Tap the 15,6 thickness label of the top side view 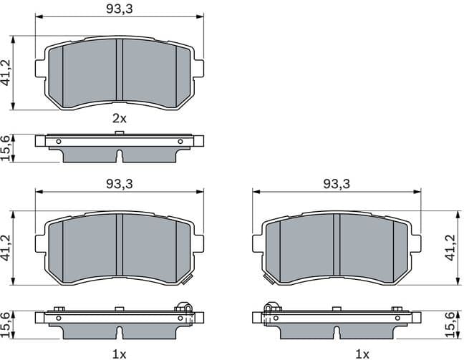click(x=7, y=147)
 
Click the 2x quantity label click(x=119, y=119)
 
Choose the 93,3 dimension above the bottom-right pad click(x=336, y=184)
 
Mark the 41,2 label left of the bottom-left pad click(x=7, y=248)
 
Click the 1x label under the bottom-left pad click(x=119, y=353)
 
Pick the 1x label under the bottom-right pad click(x=362, y=353)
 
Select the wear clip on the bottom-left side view click(x=185, y=309)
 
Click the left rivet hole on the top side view click(x=59, y=140)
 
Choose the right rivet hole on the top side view click(x=180, y=140)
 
